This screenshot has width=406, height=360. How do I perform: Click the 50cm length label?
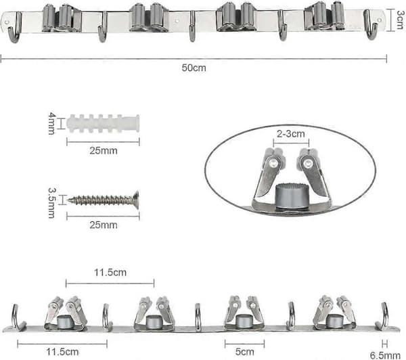pyautogui.click(x=194, y=68)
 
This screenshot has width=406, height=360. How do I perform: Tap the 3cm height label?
pyautogui.click(x=401, y=20)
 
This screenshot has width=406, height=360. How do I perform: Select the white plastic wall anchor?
pyautogui.click(x=103, y=123)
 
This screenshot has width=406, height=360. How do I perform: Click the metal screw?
pyautogui.click(x=103, y=200)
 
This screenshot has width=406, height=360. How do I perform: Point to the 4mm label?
pyautogui.click(x=52, y=123)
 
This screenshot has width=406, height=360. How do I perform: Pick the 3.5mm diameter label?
pyautogui.click(x=52, y=203)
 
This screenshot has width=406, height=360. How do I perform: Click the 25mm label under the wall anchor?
pyautogui.click(x=104, y=150)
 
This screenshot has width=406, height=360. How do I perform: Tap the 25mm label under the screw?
pyautogui.click(x=104, y=225)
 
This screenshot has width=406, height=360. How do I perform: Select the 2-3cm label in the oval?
pyautogui.click(x=291, y=133)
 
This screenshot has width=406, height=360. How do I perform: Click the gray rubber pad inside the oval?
pyautogui.click(x=291, y=196)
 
